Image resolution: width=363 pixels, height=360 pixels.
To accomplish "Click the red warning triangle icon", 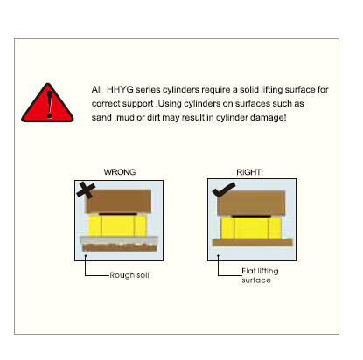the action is coord(47,103).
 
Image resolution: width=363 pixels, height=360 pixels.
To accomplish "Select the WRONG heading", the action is coord(120,172).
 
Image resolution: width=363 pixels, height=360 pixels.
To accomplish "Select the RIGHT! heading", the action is coord(249,172).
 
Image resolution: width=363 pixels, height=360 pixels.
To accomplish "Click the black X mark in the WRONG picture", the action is coord(86,190).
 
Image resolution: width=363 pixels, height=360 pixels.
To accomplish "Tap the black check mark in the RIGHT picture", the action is coord(224,190).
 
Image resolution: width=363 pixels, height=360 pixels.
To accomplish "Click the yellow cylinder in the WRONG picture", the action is coord(118,225).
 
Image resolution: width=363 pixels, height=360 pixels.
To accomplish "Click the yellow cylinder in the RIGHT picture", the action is coord(251,228).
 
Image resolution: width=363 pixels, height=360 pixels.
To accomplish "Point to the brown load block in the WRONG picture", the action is coord(118,201).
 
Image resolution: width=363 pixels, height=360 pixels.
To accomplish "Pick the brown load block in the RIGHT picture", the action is coord(251,203).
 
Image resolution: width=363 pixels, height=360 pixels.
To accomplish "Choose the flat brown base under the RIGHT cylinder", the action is coord(252,243).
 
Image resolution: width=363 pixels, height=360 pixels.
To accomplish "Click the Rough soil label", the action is coord(129,275).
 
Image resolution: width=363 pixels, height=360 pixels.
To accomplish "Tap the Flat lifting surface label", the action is coord(260,275).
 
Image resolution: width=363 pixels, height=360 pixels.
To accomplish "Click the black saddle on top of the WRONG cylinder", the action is coord(118,214).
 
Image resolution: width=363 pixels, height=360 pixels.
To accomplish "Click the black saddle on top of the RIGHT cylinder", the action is coord(251,217).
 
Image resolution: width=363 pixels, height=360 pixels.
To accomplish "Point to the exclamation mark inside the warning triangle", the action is coord(50,104).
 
